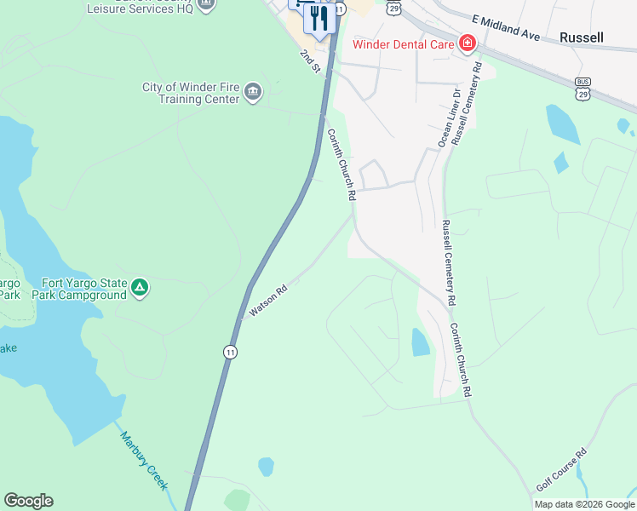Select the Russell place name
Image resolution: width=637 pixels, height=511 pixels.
pyautogui.click(x=582, y=37)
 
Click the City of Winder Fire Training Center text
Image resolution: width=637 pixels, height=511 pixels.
pyautogui.click(x=191, y=93)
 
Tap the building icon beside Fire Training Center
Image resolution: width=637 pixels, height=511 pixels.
pyautogui.click(x=252, y=92)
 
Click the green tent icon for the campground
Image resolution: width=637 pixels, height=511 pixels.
pyautogui.click(x=140, y=289)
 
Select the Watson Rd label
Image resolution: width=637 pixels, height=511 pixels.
pyautogui.click(x=267, y=301)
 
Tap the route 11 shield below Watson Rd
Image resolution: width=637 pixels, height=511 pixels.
pyautogui.click(x=230, y=352)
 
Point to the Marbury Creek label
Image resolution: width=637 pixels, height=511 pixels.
pyautogui.click(x=142, y=460)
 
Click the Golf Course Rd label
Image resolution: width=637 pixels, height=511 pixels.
pyautogui.click(x=562, y=470)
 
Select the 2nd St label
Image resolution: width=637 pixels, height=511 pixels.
pyautogui.click(x=308, y=60)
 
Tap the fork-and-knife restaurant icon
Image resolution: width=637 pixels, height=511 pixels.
pyautogui.click(x=319, y=18)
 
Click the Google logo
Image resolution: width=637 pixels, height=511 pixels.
pyautogui.click(x=28, y=501)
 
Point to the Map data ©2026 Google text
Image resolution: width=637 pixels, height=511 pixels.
pyautogui.click(x=584, y=504)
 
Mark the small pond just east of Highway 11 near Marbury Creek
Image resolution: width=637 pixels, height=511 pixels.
pyautogui.click(x=266, y=466)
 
